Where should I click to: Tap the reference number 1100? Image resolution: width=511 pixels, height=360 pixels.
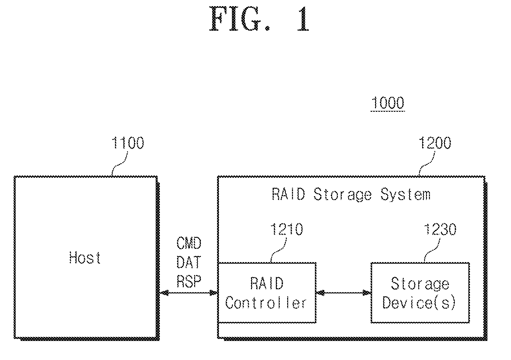[x=128, y=143]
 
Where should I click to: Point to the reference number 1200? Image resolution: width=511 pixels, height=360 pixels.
[x=434, y=143]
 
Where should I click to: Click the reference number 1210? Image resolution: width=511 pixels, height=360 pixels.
[x=287, y=230]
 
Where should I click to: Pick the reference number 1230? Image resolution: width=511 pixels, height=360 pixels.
[x=440, y=230]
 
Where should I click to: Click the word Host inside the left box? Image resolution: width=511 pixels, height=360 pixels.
[x=85, y=258]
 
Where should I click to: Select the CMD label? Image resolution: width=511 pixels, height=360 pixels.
[x=189, y=243]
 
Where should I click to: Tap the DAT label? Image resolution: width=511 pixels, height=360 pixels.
[x=189, y=262]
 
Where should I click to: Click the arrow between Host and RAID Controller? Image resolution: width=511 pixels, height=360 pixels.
[x=189, y=293]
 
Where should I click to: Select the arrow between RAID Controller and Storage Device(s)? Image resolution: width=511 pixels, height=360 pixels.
[x=344, y=293]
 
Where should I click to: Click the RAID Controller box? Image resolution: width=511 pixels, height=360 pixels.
[x=267, y=292]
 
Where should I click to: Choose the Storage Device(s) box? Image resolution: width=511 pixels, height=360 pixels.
[x=420, y=292]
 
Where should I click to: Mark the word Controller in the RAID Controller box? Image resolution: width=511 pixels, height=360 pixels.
[x=266, y=303]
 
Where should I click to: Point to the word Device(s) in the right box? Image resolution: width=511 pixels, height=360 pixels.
[x=419, y=303]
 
